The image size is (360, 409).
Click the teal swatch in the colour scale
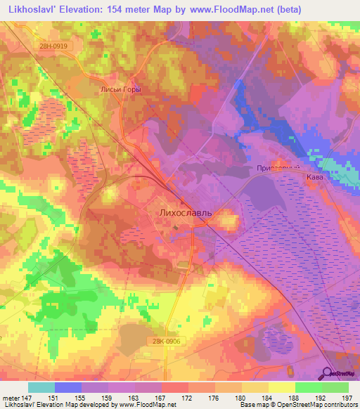pyautogui.click(x=41, y=387)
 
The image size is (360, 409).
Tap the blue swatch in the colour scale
pyautogui.click(x=68, y=387)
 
